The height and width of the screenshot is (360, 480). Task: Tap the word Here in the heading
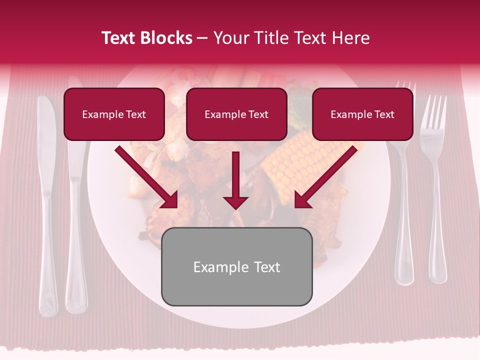pos(350,38)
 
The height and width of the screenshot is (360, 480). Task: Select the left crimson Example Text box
pos(114,114)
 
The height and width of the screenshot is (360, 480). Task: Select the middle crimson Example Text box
pos(236,114)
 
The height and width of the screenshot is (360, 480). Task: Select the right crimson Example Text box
pos(362,114)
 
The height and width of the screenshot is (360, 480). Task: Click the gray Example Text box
pos(236,267)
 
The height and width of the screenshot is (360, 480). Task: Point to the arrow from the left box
pos(147,177)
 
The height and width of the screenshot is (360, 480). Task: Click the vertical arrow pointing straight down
pos(235,180)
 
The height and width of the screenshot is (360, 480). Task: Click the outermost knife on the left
pos(47,200)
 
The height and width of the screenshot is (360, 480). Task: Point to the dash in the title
pos(203,38)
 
